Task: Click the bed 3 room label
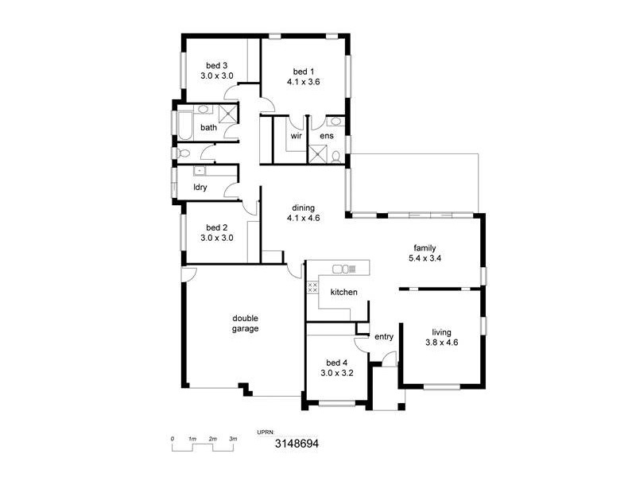pyautogui.click(x=217, y=65)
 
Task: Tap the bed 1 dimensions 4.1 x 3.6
pyautogui.click(x=303, y=82)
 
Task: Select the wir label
pyautogui.click(x=295, y=136)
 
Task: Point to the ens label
pyautogui.click(x=327, y=136)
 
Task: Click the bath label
pyautogui.click(x=208, y=127)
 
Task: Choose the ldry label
pyautogui.click(x=200, y=188)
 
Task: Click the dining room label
pyautogui.click(x=303, y=208)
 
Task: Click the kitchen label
pyautogui.click(x=343, y=293)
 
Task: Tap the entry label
pyautogui.click(x=384, y=337)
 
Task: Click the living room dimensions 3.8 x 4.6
pyautogui.click(x=441, y=343)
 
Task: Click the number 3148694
pyautogui.click(x=297, y=445)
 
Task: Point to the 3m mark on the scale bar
pyautogui.click(x=233, y=439)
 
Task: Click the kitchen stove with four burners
pyautogui.click(x=312, y=286)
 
